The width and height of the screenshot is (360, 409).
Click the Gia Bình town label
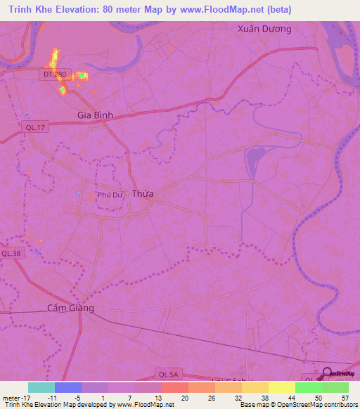(x=95, y=115)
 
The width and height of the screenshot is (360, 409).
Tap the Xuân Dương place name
(x=264, y=30)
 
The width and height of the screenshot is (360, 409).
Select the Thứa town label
(x=143, y=193)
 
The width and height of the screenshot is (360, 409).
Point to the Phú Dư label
(x=111, y=196)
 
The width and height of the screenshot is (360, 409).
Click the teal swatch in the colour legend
(x=41, y=387)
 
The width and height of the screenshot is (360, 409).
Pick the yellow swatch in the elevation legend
(x=281, y=387)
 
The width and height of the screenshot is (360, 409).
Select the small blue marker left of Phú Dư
(x=78, y=193)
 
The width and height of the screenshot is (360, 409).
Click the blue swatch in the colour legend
(x=68, y=387)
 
